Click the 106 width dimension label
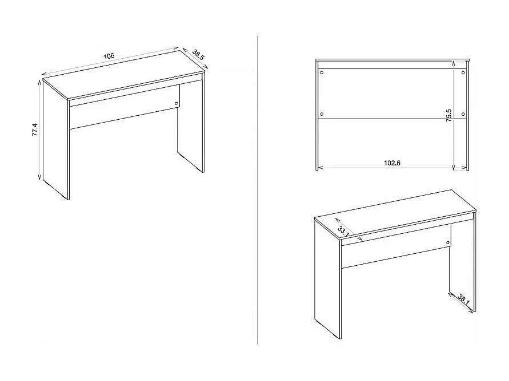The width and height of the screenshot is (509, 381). pos(109,56)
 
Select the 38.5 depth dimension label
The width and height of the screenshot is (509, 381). pos(199,55)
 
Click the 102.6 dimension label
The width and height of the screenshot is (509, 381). pos(392,163)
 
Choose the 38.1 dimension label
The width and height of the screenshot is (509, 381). pos(464,299)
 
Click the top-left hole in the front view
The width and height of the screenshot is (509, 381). pos(322,72)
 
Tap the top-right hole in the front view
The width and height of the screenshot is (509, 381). pos(463,72)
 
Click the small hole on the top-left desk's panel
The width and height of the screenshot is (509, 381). pos(176,103)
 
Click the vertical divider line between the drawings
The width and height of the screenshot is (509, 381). pos(259,188)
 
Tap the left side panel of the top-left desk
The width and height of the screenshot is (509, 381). pos(56,143)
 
